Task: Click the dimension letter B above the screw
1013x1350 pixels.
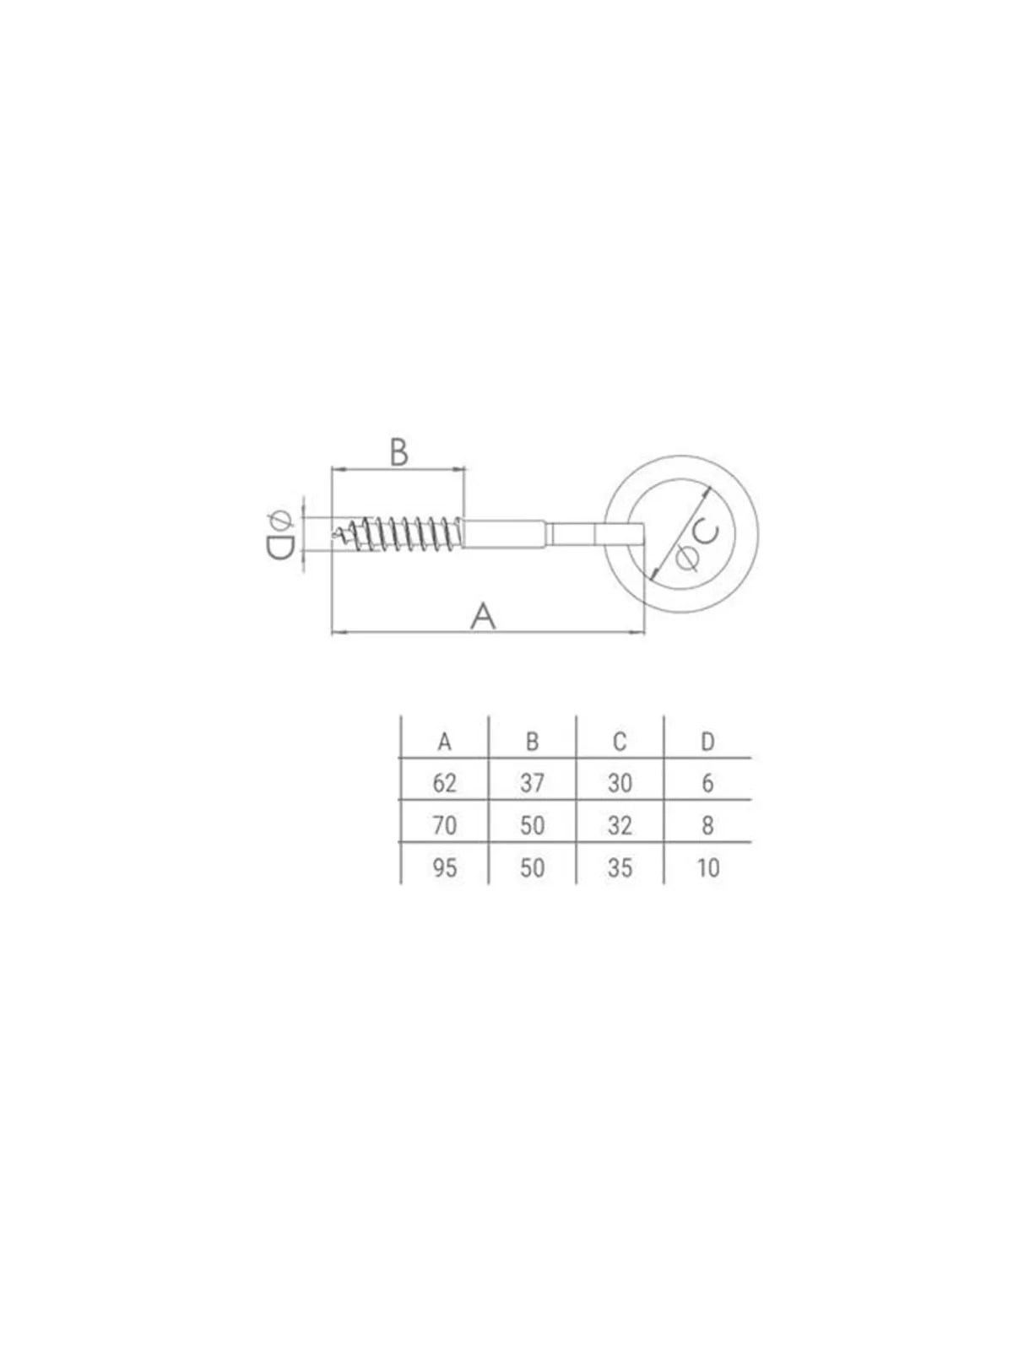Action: (x=398, y=452)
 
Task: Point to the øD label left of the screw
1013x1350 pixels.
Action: (x=279, y=535)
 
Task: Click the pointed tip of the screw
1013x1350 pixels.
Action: (x=333, y=536)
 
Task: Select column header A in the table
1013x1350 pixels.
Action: (x=444, y=742)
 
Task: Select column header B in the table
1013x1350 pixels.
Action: (x=532, y=742)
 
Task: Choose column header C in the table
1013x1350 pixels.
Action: (x=620, y=742)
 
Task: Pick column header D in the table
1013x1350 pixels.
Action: (x=707, y=742)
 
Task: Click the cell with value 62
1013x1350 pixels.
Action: (x=444, y=783)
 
